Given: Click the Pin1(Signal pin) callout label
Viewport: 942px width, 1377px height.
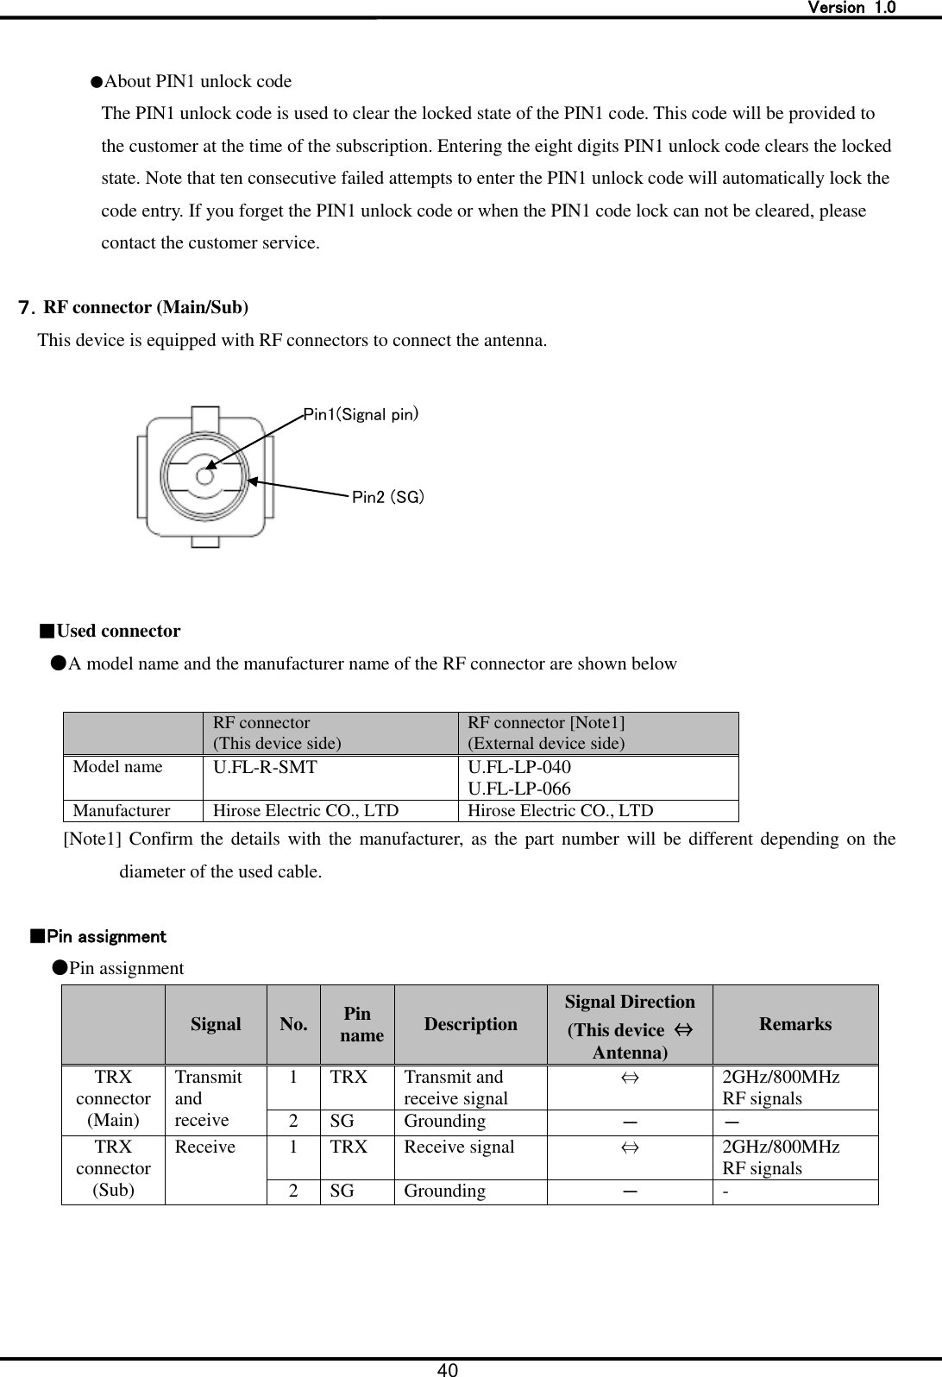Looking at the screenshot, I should click(x=361, y=415).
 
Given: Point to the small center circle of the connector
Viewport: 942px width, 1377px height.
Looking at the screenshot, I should click(x=204, y=475).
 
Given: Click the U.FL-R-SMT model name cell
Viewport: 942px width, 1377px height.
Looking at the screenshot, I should click(x=265, y=766).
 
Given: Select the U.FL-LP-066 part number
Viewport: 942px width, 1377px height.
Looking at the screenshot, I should click(x=518, y=788).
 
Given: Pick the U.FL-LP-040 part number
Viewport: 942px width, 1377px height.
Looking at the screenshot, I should click(x=518, y=767).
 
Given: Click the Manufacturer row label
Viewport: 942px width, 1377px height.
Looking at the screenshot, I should click(x=122, y=811).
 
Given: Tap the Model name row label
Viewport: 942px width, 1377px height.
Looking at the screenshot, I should click(x=117, y=766).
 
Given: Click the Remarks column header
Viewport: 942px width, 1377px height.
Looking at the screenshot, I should click(x=795, y=1024).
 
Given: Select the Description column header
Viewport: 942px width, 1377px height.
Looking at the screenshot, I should click(x=470, y=1024).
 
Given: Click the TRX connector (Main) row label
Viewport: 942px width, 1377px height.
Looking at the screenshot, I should click(x=113, y=1099).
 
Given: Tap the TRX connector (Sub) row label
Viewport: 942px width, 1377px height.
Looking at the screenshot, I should click(x=113, y=1169).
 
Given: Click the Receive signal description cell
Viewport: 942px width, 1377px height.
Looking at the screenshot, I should click(x=459, y=1147).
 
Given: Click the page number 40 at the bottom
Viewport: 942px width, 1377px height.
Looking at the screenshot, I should click(x=447, y=1369).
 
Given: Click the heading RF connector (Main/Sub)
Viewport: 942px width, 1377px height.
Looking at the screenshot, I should click(x=146, y=307).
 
